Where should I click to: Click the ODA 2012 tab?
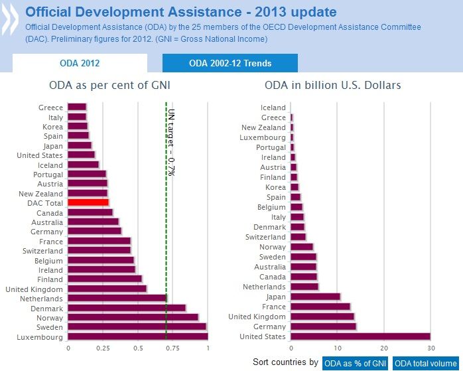pyautogui.click(x=80, y=63)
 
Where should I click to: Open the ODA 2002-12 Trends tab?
pyautogui.click(x=230, y=63)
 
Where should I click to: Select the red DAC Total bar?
pyautogui.click(x=88, y=202)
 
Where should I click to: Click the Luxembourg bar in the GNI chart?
pyautogui.click(x=137, y=337)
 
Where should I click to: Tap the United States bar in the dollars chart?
pyautogui.click(x=360, y=336)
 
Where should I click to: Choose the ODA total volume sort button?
pyautogui.click(x=426, y=363)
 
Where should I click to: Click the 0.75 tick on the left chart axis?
pyautogui.click(x=173, y=347)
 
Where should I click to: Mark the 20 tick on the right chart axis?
pyautogui.click(x=384, y=347)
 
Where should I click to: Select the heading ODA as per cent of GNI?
pyautogui.click(x=109, y=86)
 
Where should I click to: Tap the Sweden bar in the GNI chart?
pyautogui.click(x=137, y=327)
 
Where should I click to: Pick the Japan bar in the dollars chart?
pyautogui.click(x=315, y=297)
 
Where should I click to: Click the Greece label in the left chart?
pyautogui.click(x=51, y=108)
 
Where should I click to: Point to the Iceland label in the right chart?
pyautogui.click(x=273, y=108)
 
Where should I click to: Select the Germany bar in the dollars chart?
pyautogui.click(x=323, y=327)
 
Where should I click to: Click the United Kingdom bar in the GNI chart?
pyautogui.click(x=107, y=289)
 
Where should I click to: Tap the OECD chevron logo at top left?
pyautogui.click(x=11, y=20)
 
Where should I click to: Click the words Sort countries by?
pyautogui.click(x=285, y=362)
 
